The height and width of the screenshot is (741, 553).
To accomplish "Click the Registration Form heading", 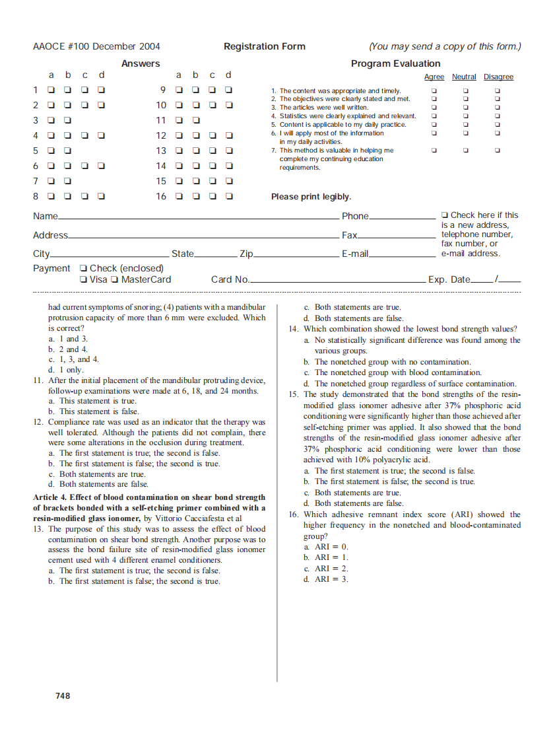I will (264, 46).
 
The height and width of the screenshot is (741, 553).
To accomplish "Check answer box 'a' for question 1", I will (51, 90).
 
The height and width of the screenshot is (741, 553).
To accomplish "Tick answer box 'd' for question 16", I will (229, 196).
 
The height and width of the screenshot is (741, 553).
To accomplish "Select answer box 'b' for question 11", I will (196, 120).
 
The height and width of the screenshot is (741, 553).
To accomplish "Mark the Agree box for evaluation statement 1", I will (434, 90).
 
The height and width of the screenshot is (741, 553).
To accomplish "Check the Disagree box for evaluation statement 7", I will (498, 150).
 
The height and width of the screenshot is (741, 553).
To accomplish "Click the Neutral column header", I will (464, 77).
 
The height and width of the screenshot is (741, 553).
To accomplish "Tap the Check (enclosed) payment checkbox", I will (83, 269).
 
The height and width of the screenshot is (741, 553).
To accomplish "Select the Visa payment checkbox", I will (83, 280).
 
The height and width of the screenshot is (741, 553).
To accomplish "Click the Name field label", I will (45, 216).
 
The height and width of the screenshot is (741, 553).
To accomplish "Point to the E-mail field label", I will (354, 254).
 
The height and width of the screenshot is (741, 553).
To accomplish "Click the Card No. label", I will (230, 279).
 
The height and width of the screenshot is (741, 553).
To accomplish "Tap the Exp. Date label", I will (449, 279).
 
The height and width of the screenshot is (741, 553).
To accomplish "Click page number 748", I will (63, 695).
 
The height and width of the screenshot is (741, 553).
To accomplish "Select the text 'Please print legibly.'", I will (311, 197).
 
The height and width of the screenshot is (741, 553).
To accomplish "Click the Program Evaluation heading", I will (395, 63).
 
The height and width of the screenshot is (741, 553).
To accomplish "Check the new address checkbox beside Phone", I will (445, 215).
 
